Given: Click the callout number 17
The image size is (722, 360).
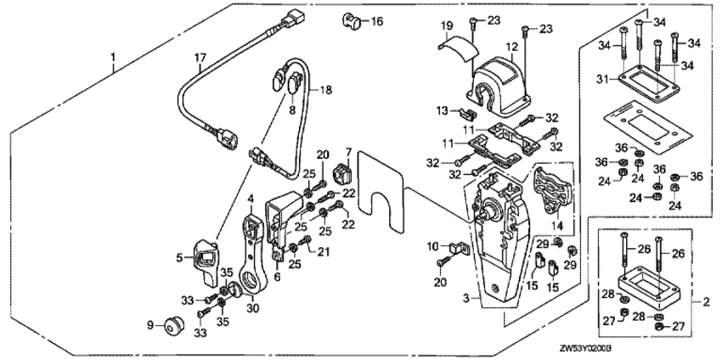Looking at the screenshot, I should coord(200,58).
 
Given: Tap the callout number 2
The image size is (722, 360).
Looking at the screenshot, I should coord(706,301).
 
